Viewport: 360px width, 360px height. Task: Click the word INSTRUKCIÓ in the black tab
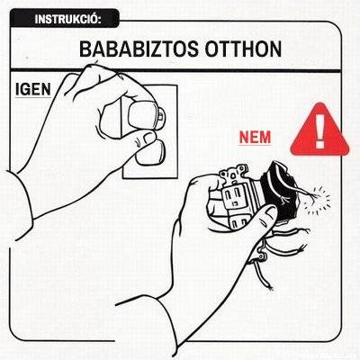(67, 19)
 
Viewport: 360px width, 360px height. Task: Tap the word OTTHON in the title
(243, 49)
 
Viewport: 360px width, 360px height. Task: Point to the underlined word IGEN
(33, 89)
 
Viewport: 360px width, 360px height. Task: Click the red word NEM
(255, 138)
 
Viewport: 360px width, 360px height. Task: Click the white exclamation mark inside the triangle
(320, 130)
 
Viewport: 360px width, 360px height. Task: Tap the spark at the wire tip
(318, 200)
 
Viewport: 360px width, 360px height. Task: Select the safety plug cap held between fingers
(143, 115)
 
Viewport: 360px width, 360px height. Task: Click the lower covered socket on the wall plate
(150, 153)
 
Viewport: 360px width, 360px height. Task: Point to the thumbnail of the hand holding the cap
(149, 138)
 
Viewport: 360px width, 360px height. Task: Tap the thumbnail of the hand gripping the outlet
(271, 213)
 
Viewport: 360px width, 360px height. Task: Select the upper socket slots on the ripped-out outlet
(231, 195)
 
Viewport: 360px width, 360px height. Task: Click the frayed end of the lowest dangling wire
(270, 287)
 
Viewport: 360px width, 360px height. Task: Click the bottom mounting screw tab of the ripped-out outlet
(260, 255)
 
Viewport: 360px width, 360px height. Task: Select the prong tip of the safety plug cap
(161, 115)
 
